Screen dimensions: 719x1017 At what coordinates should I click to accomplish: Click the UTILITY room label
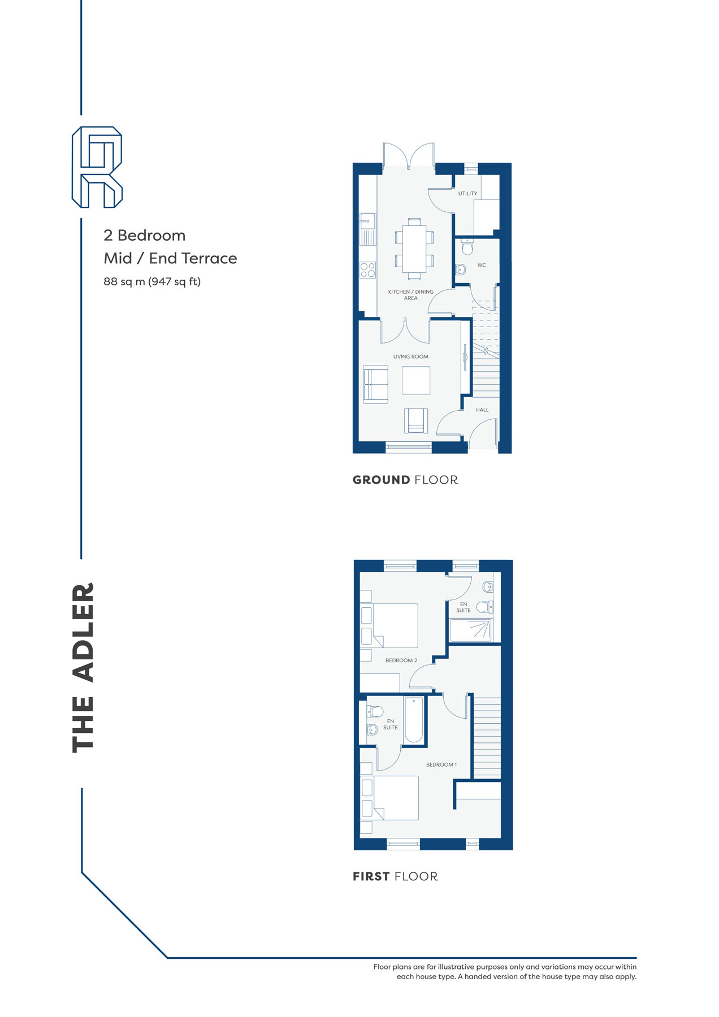467,193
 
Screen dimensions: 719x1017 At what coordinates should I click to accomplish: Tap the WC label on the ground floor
482,265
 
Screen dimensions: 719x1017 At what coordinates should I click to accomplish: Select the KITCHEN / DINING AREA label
411,295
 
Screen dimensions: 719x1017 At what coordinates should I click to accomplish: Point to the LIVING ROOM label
411,357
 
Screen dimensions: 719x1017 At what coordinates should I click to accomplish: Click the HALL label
482,410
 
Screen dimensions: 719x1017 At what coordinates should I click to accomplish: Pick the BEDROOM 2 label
401,660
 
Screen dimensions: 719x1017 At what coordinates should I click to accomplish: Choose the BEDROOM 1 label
441,764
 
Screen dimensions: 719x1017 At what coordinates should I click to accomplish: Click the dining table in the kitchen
414,249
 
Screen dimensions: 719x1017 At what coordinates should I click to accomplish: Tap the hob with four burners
368,270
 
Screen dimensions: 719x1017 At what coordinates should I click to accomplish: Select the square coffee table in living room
416,380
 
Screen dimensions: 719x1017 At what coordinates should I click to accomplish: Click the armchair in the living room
416,420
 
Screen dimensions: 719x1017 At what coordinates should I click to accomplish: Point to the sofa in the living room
375,384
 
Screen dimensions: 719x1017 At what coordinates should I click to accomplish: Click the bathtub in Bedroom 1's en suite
414,720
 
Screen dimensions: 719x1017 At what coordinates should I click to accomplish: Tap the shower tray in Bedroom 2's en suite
471,630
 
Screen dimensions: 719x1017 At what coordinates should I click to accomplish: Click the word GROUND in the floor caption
382,480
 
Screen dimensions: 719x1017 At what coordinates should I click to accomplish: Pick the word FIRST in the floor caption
371,877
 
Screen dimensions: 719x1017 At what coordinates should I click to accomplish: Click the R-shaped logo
97,167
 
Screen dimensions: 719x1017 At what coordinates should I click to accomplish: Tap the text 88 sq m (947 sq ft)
152,281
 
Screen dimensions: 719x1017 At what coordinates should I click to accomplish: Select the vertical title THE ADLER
83,667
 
